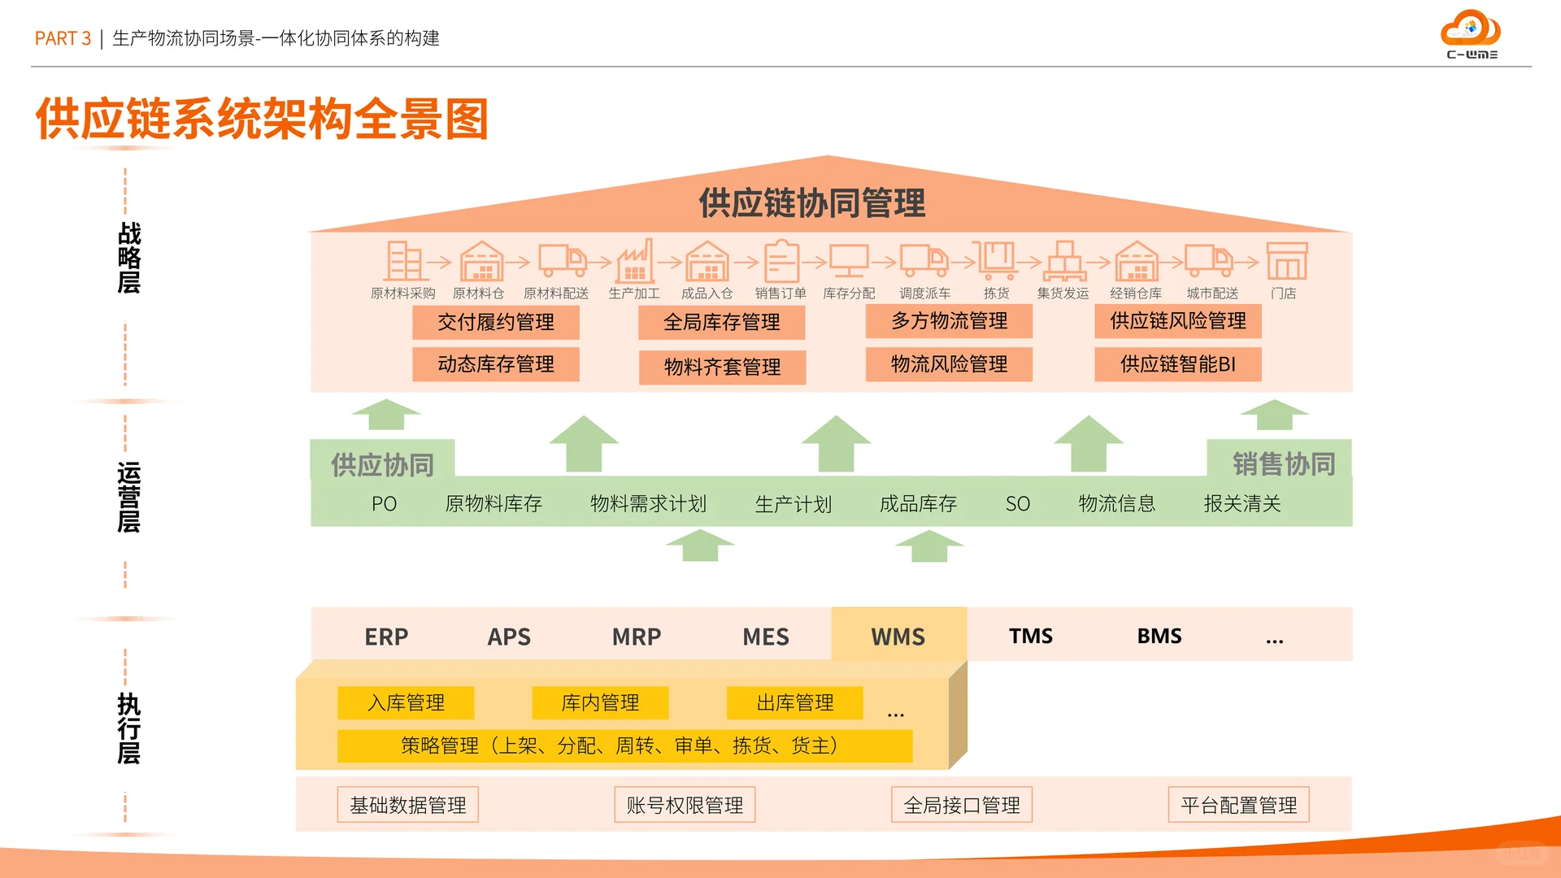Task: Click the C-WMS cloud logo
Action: (1471, 33)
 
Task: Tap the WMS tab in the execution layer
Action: (898, 636)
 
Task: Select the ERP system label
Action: (386, 637)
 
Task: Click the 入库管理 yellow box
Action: (406, 702)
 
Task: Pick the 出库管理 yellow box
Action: (794, 702)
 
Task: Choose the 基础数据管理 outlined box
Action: (407, 805)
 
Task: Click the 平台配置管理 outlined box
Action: (1238, 805)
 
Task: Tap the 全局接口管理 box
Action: (961, 805)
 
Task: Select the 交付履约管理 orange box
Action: (496, 322)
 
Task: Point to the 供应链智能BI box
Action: (1177, 364)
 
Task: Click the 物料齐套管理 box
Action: (722, 367)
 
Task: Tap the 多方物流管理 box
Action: (949, 321)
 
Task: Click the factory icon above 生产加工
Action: (635, 262)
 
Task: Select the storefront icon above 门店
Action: (1286, 262)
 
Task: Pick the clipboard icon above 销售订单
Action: (781, 262)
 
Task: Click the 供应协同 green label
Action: (382, 464)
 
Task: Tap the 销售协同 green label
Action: (1283, 463)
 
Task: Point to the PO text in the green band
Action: (384, 504)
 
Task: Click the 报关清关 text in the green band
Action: (1241, 504)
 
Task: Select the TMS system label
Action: (1030, 636)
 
